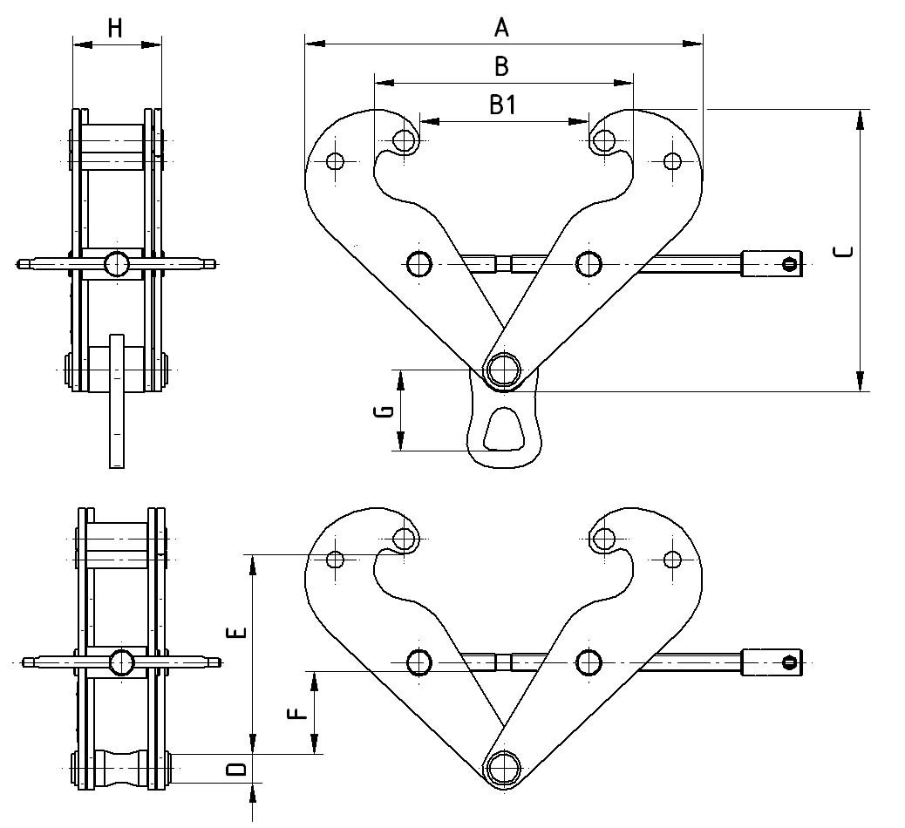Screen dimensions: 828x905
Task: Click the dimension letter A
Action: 501,29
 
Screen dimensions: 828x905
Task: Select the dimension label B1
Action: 503,105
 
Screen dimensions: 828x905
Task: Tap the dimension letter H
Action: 115,29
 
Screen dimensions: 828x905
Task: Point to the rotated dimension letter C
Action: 844,252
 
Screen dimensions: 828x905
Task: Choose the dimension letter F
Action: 298,712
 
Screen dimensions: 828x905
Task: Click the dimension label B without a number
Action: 501,66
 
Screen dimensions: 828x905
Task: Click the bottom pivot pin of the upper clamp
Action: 502,369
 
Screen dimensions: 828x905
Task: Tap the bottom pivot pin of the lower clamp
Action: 502,768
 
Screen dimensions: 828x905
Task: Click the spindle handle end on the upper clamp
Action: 772,264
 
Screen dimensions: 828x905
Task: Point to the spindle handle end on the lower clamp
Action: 772,662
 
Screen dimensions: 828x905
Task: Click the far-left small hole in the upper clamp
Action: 336,160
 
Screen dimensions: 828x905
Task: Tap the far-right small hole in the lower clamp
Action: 672,559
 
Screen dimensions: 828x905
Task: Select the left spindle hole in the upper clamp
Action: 419,262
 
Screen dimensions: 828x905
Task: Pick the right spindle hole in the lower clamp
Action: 589,662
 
